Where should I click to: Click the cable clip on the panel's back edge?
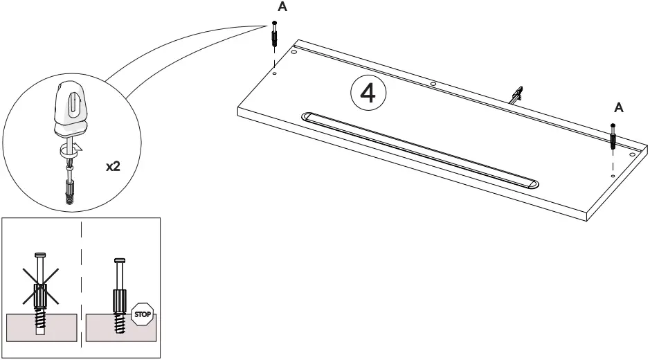pyautogui.click(x=516, y=95)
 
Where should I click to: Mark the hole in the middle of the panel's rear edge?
pyautogui.click(x=433, y=84)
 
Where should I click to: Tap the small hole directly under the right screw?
pyautogui.click(x=613, y=176)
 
